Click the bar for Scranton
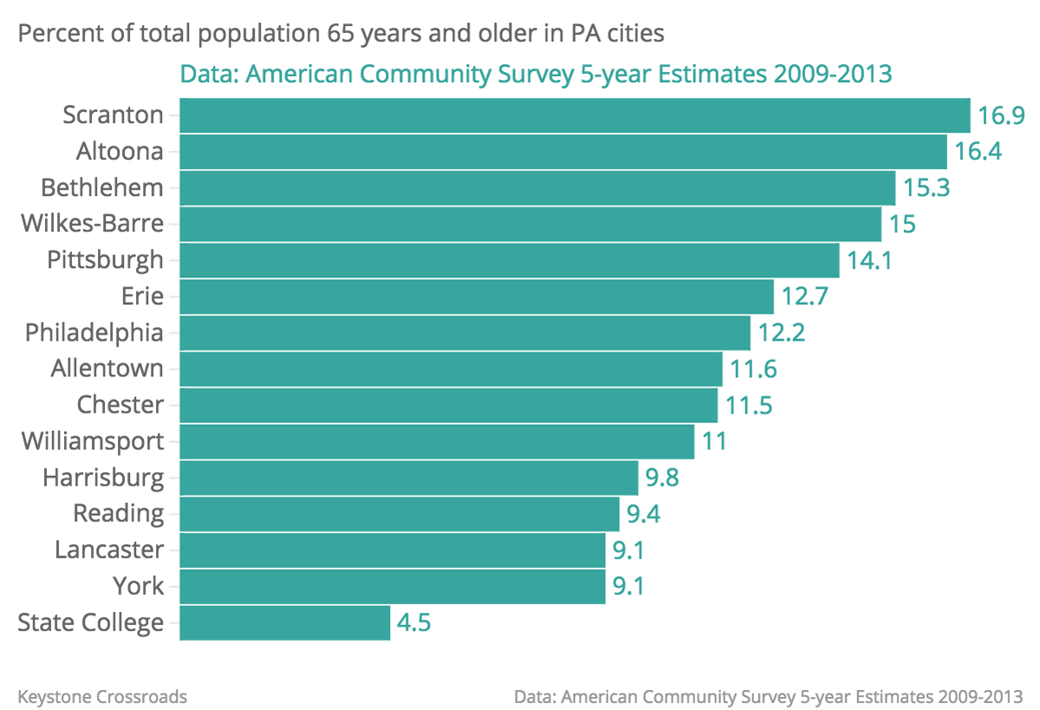pos(575,115)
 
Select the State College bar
pos(284,623)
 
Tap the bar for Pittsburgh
pos(510,260)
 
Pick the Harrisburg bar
pos(409,478)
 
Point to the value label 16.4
pos(978,152)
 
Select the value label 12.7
pos(805,296)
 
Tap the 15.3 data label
pos(926,188)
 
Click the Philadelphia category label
pos(94,333)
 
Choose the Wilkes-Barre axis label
pos(92,224)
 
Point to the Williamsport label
pos(93,441)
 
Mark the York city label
pos(139,587)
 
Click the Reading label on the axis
pos(119,514)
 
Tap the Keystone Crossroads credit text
pos(102,696)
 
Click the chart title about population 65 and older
pos(341,35)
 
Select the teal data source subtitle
pos(536,75)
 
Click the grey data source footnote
pos(768,696)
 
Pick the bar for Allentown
pos(451,369)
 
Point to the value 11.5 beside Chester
pos(749,406)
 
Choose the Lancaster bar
pos(392,550)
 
